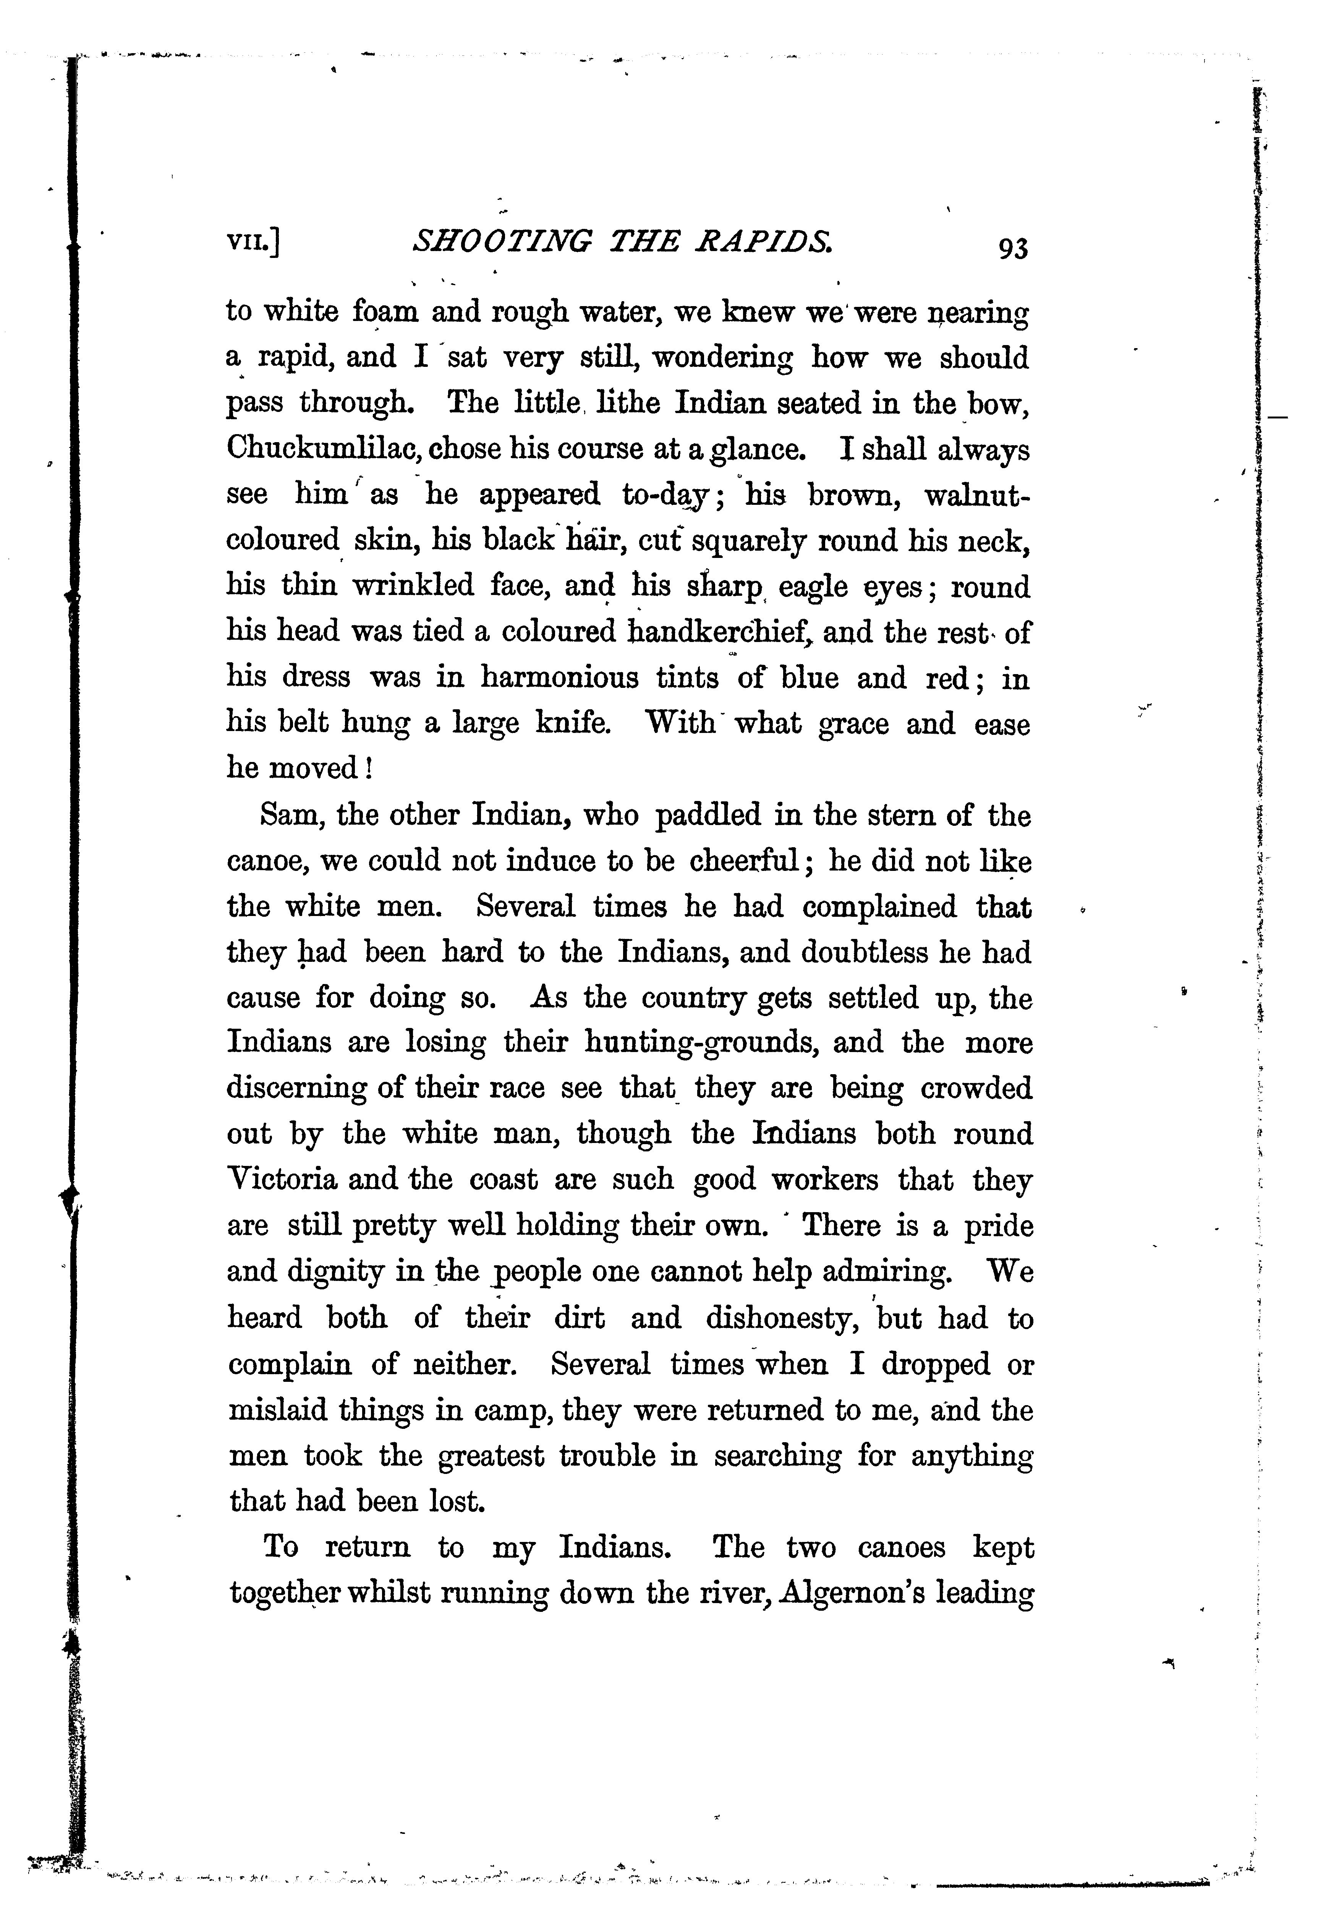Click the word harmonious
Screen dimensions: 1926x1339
click(559, 677)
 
